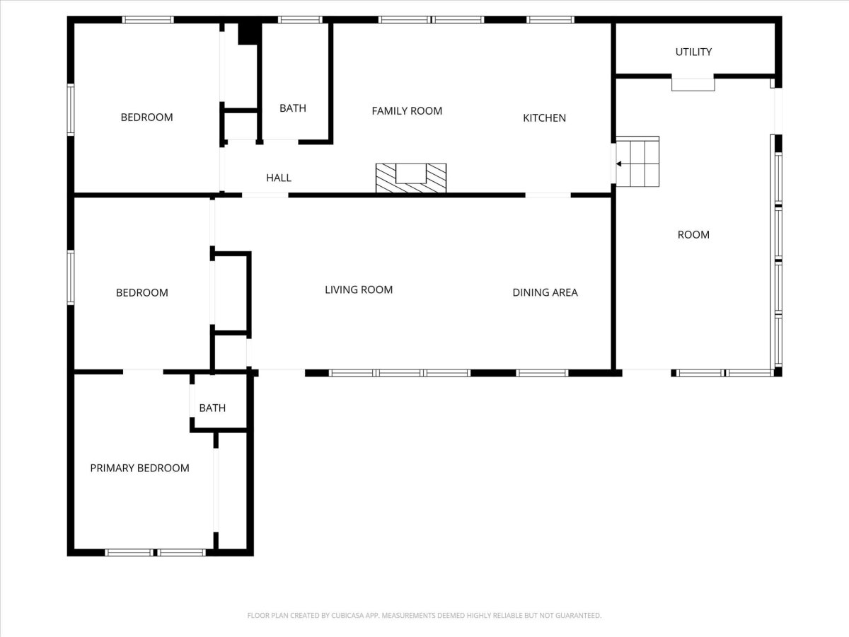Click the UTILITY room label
[693, 52]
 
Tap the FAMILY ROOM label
[407, 111]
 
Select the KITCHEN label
[544, 118]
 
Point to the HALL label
[279, 178]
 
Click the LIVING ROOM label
[359, 289]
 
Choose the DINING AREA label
[545, 292]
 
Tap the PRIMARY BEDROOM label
[139, 468]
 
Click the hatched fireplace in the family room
[411, 178]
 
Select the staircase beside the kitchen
[637, 161]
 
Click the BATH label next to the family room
[293, 108]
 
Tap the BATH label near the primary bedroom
[212, 408]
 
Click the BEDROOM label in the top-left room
[146, 117]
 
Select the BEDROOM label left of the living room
[142, 292]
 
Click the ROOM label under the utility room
[693, 235]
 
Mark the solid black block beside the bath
[248, 34]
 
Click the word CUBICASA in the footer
[346, 615]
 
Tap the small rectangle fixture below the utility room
[693, 85]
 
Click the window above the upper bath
[300, 20]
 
